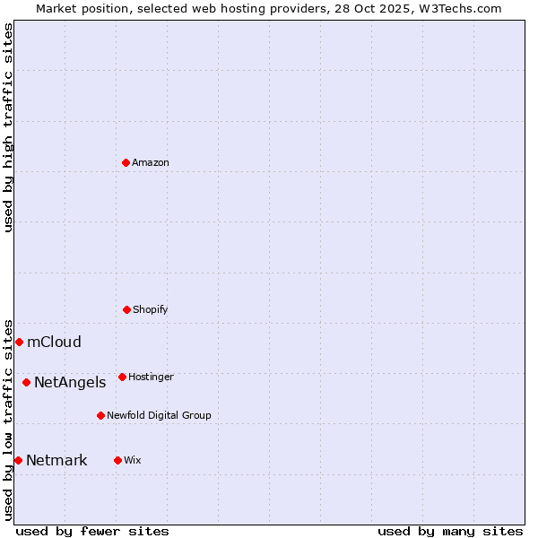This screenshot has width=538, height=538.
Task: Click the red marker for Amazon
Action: tap(126, 162)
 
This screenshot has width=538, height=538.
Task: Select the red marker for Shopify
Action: tap(126, 309)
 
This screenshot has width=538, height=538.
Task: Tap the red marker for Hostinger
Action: tap(122, 377)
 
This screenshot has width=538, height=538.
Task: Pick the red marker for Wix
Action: tap(117, 460)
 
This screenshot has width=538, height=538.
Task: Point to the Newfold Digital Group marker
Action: tap(100, 415)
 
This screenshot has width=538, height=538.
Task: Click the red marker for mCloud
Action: tap(19, 342)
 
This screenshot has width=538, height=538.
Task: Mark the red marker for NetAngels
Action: tap(26, 382)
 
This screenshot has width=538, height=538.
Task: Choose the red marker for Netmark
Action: tap(18, 460)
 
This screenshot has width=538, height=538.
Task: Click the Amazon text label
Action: tap(151, 162)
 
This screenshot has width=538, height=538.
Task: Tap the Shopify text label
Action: tap(151, 309)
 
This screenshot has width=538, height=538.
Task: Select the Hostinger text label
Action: tap(151, 377)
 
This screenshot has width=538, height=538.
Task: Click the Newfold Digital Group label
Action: tap(159, 415)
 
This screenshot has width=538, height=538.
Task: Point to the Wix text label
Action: tap(133, 460)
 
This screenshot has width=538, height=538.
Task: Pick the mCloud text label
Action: tap(54, 342)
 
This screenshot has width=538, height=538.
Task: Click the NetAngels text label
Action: tap(70, 382)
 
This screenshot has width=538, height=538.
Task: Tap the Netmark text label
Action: tap(56, 460)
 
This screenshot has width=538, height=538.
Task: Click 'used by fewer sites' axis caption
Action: tap(92, 531)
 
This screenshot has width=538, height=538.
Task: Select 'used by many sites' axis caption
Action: tap(450, 531)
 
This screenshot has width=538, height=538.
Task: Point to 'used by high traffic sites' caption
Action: tap(8, 127)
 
